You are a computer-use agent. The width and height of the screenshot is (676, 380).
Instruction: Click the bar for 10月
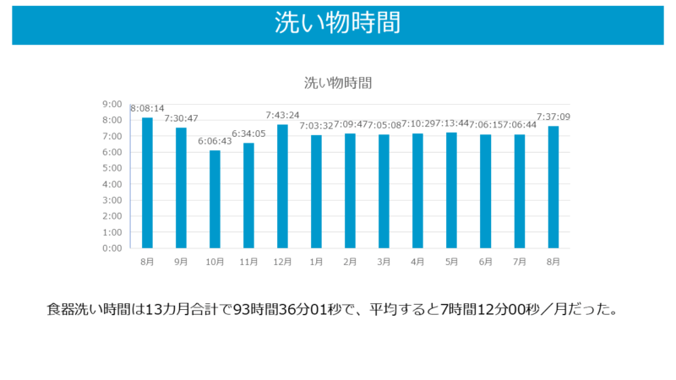(x=215, y=199)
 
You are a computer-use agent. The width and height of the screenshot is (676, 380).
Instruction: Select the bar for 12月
(x=282, y=186)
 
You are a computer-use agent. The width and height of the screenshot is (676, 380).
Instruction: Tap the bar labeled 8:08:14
(x=147, y=182)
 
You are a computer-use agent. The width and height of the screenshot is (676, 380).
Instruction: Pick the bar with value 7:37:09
(x=553, y=187)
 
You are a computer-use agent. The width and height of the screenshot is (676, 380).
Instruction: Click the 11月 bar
(x=248, y=195)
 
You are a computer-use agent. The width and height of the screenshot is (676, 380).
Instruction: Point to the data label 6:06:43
(x=215, y=141)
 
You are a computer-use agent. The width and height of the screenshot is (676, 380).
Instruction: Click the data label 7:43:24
(x=282, y=115)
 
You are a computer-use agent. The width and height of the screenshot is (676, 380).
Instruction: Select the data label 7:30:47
(x=181, y=118)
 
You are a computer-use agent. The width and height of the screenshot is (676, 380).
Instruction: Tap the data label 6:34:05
(x=248, y=133)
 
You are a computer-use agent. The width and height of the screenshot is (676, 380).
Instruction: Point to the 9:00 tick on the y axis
(x=112, y=104)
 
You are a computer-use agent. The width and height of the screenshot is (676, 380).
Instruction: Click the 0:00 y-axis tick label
(x=112, y=248)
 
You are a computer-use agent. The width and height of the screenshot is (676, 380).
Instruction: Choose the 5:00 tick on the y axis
(x=112, y=168)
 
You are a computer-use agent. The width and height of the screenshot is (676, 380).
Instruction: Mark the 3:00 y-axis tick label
(x=112, y=200)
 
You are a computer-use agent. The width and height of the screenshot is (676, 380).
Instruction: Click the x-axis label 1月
(x=316, y=262)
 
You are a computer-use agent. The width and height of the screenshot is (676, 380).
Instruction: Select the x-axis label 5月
(x=451, y=262)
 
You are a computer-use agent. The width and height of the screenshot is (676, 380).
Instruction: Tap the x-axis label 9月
(x=181, y=262)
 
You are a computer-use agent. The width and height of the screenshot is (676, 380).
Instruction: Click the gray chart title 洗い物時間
(x=338, y=83)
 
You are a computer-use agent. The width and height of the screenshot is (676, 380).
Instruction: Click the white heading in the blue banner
(x=338, y=23)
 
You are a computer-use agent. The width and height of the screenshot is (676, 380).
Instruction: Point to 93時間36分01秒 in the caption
(x=286, y=309)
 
